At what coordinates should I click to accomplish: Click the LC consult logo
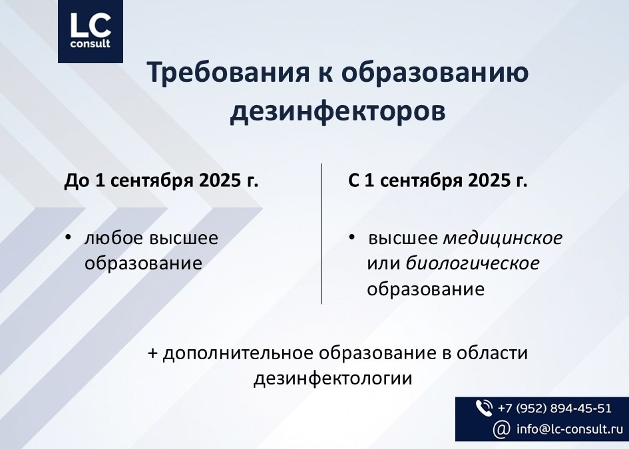[x=91, y=31]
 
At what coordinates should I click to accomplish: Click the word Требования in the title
[x=228, y=72]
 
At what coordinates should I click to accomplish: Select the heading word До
[x=77, y=181]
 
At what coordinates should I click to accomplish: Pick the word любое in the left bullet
[x=114, y=238]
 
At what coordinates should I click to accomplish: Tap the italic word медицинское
[x=503, y=238]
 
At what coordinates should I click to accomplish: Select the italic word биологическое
[x=473, y=264]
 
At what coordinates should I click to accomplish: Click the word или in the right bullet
[x=383, y=264]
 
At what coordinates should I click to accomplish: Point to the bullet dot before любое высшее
[x=68, y=237]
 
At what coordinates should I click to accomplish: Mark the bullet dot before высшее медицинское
[x=352, y=237]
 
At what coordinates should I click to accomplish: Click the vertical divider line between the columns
[x=321, y=233]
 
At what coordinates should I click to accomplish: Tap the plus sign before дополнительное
[x=153, y=353]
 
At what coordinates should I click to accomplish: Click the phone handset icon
[x=484, y=408]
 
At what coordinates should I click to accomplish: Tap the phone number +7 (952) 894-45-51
[x=554, y=408]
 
